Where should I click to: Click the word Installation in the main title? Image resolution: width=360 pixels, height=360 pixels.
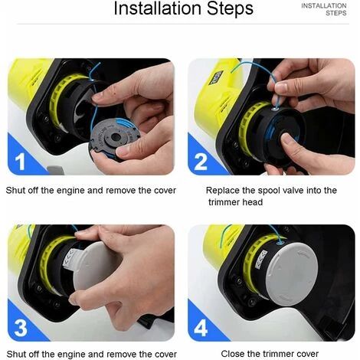coord(158,8)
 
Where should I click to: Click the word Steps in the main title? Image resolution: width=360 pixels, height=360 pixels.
coord(230,8)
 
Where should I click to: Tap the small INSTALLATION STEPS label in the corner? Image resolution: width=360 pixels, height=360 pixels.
coord(324,9)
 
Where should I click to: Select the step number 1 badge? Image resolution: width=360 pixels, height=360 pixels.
coord(20,162)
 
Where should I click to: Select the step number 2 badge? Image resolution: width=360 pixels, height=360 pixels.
coord(201,162)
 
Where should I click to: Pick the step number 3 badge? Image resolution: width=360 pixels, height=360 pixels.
coord(21,328)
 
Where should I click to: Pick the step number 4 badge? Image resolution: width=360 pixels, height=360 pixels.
coord(201,328)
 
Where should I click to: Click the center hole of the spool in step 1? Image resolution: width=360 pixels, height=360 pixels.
coord(116,137)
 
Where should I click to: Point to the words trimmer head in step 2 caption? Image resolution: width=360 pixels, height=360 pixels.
coord(235,202)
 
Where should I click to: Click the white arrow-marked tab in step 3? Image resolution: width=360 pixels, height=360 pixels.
coord(70,258)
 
